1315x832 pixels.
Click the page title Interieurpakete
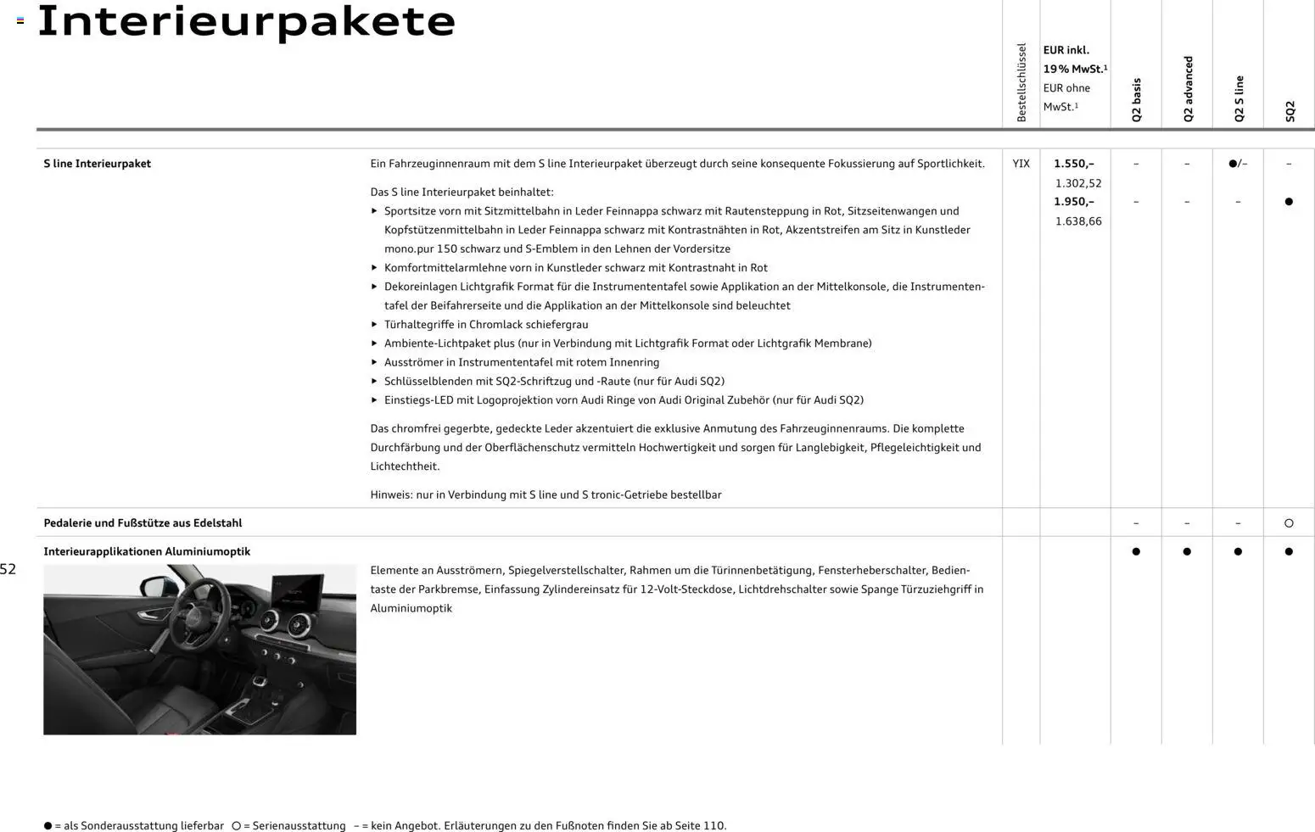[246, 21]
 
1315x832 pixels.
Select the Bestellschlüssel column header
[1021, 82]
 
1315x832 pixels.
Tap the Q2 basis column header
[1136, 100]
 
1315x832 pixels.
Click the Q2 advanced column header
[1188, 89]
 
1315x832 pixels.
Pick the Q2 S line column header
[1239, 98]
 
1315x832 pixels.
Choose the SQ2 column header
[1290, 111]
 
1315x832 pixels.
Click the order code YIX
[1021, 164]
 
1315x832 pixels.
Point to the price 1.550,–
[1074, 164]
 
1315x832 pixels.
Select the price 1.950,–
[1074, 202]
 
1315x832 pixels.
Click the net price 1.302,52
[1078, 183]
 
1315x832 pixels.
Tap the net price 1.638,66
[1078, 221]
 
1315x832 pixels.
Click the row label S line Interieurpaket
[97, 164]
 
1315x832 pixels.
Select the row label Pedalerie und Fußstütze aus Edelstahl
[143, 523]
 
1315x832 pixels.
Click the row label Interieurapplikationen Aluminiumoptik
[147, 551]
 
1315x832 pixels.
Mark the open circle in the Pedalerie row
[1289, 523]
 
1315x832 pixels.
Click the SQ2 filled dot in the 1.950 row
[1289, 202]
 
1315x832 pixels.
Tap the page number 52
[8, 569]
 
